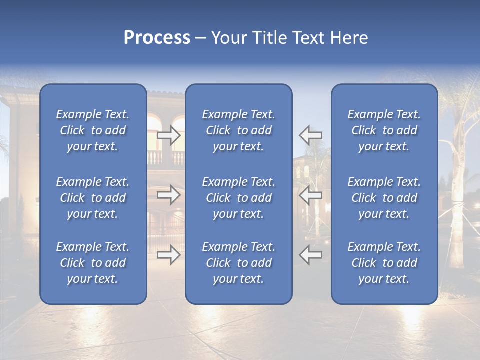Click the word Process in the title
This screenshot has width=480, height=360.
click(157, 38)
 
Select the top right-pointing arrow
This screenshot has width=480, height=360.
click(168, 135)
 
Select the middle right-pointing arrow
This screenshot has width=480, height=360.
click(168, 195)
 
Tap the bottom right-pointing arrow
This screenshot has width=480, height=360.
click(168, 255)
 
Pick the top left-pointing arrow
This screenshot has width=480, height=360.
click(311, 135)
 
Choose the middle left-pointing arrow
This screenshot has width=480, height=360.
click(311, 195)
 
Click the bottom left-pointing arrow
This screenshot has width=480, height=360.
click(311, 255)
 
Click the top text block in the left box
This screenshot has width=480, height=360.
click(93, 130)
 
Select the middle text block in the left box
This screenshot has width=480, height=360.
click(93, 198)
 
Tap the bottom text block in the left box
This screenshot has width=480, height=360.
click(93, 263)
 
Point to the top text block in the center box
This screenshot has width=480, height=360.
click(239, 130)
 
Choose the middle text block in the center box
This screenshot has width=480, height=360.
click(239, 198)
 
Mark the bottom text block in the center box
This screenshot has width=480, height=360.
click(239, 263)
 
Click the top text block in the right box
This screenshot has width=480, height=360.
click(384, 130)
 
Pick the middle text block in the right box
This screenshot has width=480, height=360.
click(384, 198)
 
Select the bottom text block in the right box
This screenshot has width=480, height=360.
click(384, 263)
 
